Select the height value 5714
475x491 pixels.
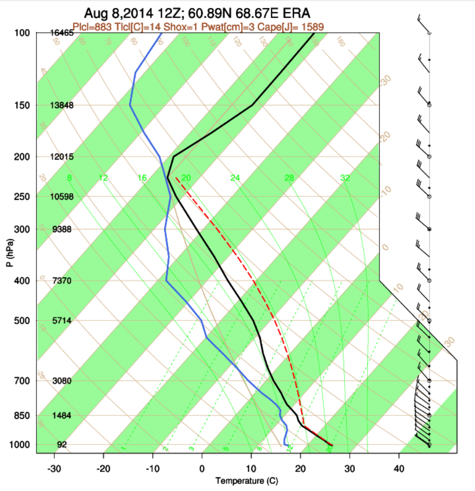click(x=62, y=320)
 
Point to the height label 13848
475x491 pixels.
click(x=62, y=105)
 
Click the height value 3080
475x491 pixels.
click(x=62, y=381)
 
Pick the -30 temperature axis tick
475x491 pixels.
click(x=54, y=468)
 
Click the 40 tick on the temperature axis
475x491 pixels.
click(x=398, y=468)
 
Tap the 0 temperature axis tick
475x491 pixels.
click(x=202, y=468)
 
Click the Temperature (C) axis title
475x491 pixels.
click(x=246, y=481)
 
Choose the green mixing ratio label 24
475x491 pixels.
click(x=235, y=178)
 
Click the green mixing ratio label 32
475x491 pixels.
click(x=345, y=178)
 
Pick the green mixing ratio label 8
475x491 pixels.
click(x=69, y=178)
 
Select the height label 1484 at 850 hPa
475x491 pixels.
click(x=62, y=416)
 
